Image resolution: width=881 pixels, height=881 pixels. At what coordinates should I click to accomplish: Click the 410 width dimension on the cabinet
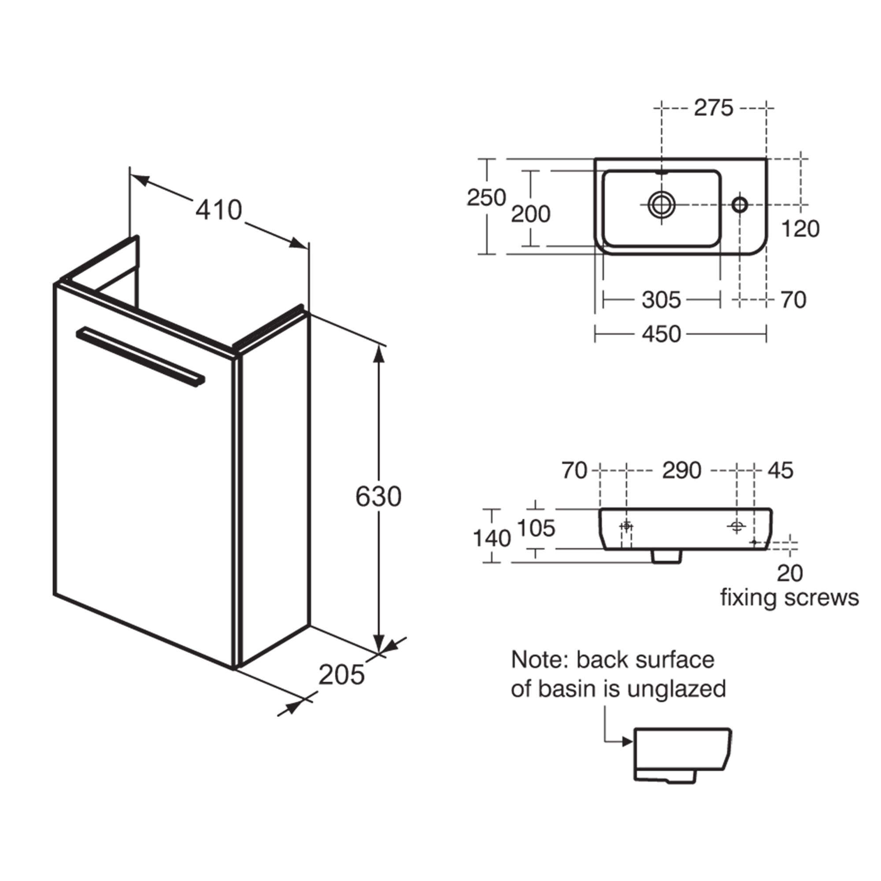219,210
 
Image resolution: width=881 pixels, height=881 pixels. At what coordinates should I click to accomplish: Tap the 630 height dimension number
378,496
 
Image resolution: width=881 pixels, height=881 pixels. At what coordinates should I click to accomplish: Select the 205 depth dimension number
341,675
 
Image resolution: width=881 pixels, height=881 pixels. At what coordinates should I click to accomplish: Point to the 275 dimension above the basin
713,108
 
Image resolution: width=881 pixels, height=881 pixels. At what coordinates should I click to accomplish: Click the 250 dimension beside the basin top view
486,197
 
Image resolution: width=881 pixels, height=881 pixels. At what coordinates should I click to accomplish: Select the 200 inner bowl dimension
530,214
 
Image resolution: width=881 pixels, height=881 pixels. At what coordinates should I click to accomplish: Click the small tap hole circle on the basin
740,204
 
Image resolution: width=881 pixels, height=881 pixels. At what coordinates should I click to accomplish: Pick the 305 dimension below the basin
661,300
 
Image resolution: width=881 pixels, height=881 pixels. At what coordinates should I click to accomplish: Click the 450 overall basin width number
661,334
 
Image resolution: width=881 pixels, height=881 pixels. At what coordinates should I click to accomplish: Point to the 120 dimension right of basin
800,229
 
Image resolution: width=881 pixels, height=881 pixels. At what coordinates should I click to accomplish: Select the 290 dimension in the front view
681,470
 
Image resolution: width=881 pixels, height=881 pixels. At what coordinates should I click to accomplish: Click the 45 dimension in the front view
780,470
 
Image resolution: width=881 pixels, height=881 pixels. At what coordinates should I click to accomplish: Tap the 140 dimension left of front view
492,539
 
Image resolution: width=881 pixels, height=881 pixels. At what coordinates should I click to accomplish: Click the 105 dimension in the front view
536,529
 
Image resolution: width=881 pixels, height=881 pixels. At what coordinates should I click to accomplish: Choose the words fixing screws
789,598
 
